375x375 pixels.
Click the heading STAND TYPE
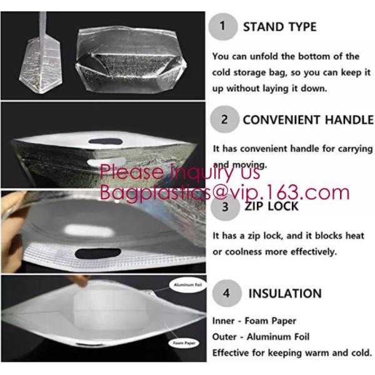pyautogui.click(x=279, y=27)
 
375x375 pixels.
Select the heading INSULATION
pyautogui.click(x=285, y=293)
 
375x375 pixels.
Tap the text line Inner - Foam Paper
pyautogui.click(x=254, y=321)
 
